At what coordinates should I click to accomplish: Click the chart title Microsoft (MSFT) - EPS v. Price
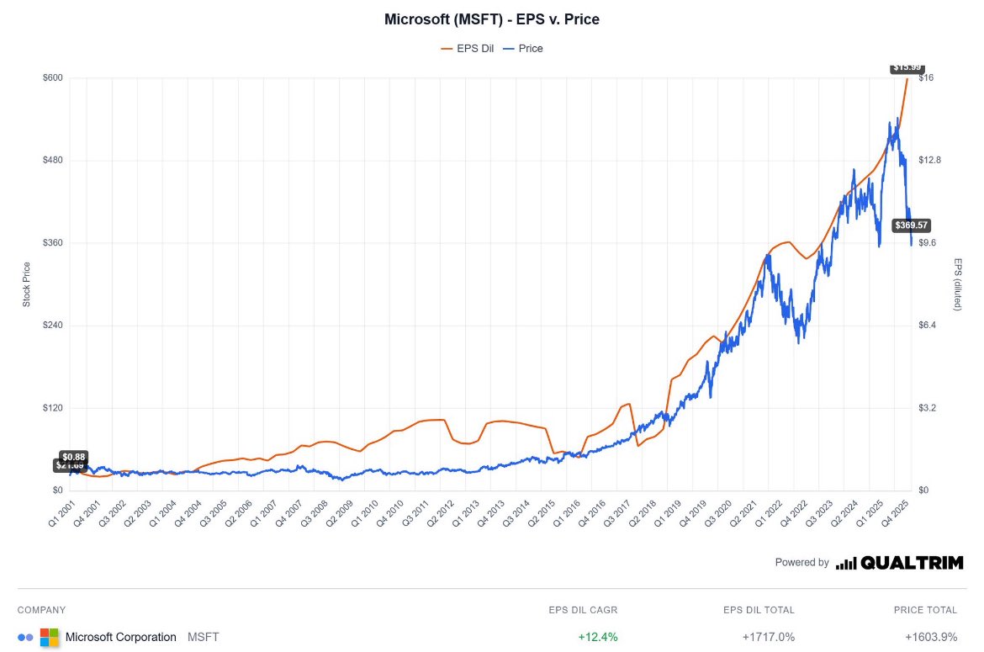click(x=492, y=19)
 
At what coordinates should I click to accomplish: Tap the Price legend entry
click(x=530, y=49)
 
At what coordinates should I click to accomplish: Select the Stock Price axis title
click(x=26, y=284)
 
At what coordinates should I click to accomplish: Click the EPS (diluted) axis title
click(x=957, y=284)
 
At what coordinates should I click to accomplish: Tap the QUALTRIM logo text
click(x=912, y=563)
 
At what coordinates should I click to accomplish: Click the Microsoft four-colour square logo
click(x=50, y=637)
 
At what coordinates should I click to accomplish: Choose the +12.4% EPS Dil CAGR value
click(x=598, y=637)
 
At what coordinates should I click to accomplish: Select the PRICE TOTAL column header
click(x=925, y=610)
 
